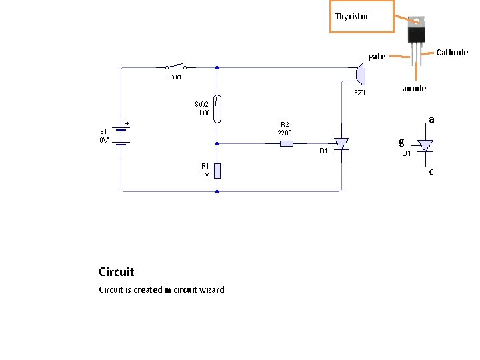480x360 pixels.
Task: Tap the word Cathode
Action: coord(452,53)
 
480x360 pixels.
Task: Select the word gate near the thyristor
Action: coord(377,57)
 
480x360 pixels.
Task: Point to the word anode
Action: coord(414,88)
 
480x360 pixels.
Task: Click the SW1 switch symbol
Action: coord(176,67)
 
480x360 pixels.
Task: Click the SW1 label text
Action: coord(175,77)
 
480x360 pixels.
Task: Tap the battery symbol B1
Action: coord(121,136)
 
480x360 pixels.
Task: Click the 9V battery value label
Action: coord(105,141)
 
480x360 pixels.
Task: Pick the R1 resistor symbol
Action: coord(217,170)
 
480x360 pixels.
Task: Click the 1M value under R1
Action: coord(205,175)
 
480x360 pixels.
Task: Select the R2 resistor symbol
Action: coord(285,143)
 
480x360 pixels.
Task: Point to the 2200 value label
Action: coord(285,133)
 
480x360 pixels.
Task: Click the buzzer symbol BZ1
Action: coord(359,72)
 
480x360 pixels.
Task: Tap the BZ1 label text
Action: coord(359,93)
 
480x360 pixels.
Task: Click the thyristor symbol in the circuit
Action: coord(341,143)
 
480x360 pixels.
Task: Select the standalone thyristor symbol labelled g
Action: coord(424,145)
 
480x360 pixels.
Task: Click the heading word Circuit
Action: coord(116,272)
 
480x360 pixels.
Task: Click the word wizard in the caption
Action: coord(211,289)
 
